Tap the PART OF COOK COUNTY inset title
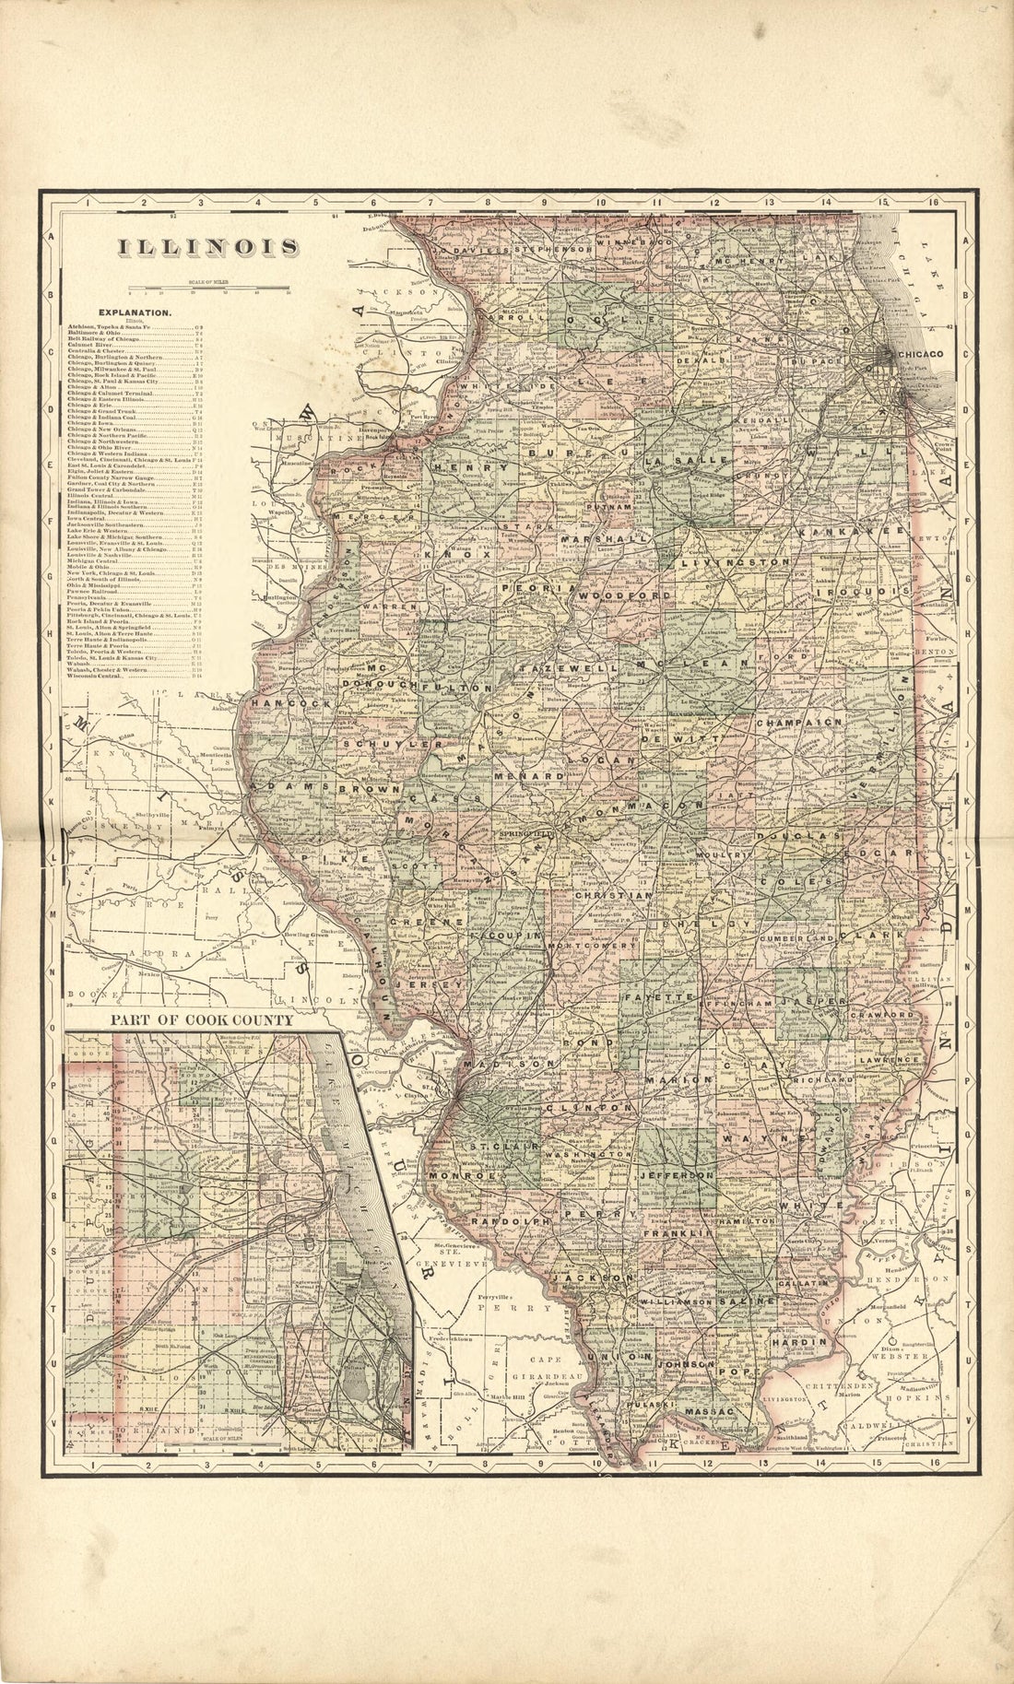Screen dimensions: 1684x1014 (x=201, y=1020)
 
